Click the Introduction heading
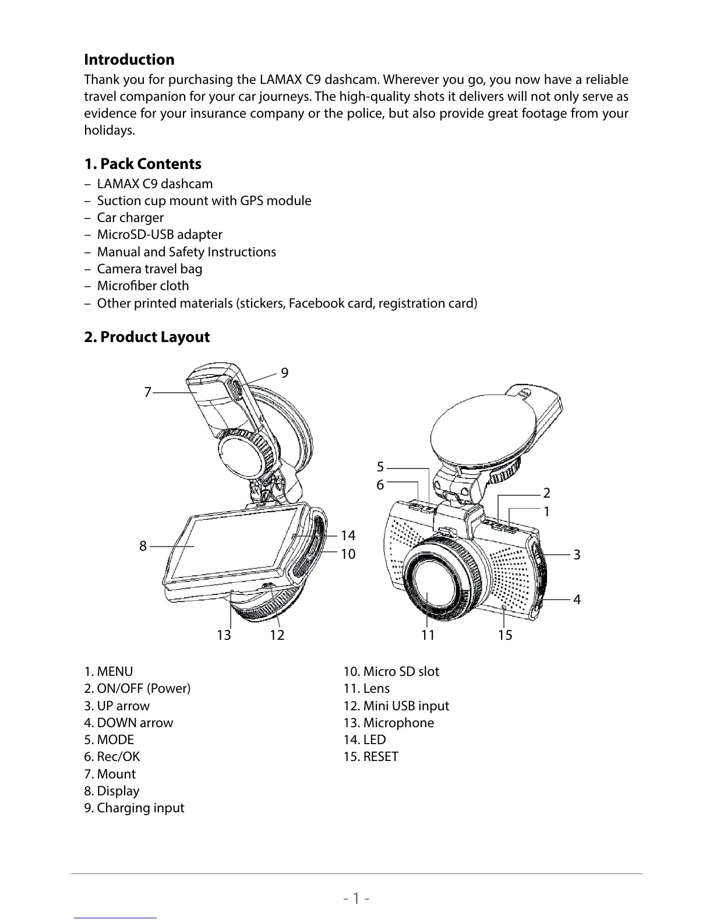129,59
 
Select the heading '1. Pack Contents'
143,164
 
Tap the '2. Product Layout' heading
147,337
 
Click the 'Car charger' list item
130,217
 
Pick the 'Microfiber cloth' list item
143,286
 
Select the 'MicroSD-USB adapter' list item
159,234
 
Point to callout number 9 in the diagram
284,373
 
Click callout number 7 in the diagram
147,392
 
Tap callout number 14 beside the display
348,535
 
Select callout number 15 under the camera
505,635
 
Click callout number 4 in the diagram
577,599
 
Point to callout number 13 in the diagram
224,635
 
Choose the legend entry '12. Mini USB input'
396,706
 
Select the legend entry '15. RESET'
371,756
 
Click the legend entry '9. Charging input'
134,808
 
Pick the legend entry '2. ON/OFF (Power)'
137,688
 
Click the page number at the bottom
356,898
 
